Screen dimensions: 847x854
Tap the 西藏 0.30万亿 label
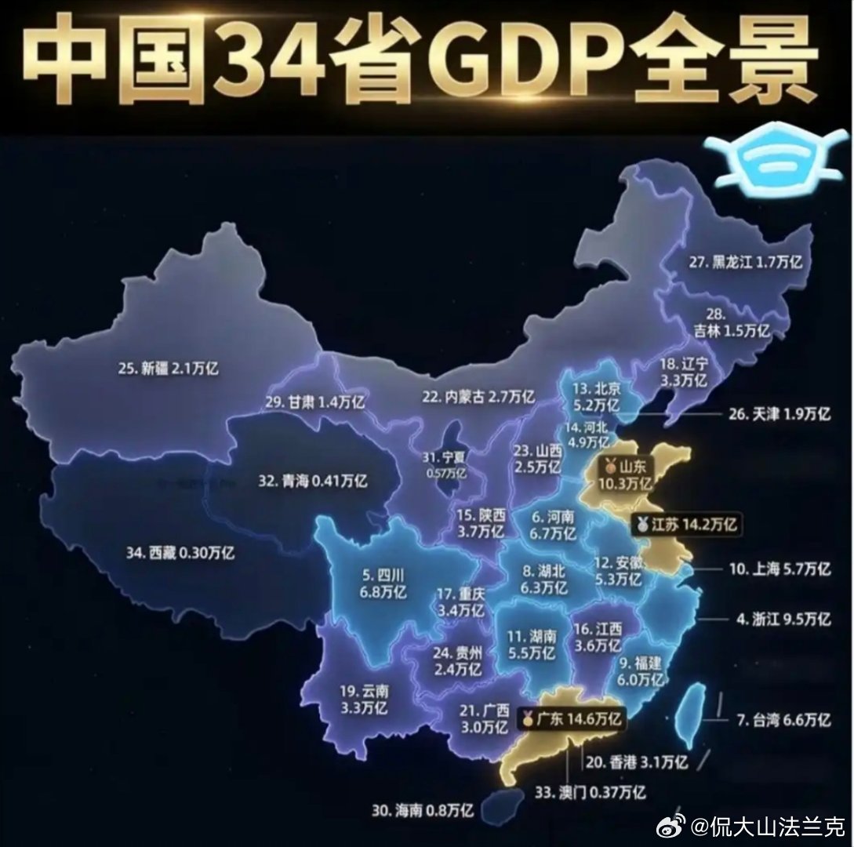coord(180,552)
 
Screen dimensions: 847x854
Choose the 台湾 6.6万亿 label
coord(783,719)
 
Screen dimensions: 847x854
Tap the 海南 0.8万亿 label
coord(423,811)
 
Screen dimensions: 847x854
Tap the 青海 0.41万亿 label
coord(312,481)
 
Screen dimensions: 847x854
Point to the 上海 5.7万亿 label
coord(780,569)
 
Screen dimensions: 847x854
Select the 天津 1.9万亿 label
coord(779,414)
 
